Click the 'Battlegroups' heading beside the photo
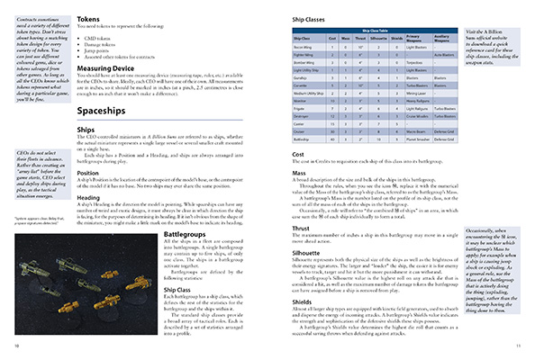pyautogui.click(x=188, y=231)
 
